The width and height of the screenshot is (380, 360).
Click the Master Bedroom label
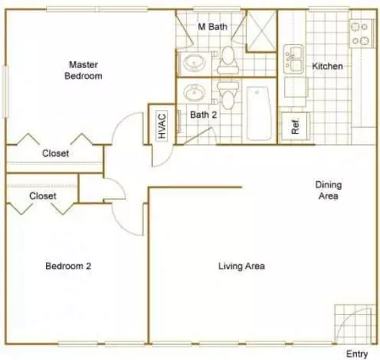(83, 70)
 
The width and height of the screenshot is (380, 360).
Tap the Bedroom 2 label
(68, 266)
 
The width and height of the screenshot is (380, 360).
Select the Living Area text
(241, 266)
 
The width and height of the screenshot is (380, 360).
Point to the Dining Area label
(329, 190)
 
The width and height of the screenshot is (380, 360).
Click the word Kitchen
(328, 66)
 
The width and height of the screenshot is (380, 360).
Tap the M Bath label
(212, 27)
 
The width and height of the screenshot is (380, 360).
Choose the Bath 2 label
(203, 115)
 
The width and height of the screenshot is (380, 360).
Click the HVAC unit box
(162, 126)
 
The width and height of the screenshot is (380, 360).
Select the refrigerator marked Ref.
(295, 127)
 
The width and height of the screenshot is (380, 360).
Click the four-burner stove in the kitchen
(361, 33)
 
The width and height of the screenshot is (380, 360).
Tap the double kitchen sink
(293, 59)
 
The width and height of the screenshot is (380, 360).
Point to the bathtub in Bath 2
(259, 113)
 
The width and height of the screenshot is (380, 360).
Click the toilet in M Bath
(228, 60)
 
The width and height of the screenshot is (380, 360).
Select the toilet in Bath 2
(228, 95)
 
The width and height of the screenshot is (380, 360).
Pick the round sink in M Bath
(195, 63)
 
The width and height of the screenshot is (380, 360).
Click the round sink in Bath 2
(195, 93)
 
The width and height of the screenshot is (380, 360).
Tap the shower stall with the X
(261, 31)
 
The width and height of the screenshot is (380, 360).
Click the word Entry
(357, 354)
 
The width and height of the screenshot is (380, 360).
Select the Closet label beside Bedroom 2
(43, 196)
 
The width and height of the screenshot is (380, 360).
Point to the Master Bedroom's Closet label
(55, 153)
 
